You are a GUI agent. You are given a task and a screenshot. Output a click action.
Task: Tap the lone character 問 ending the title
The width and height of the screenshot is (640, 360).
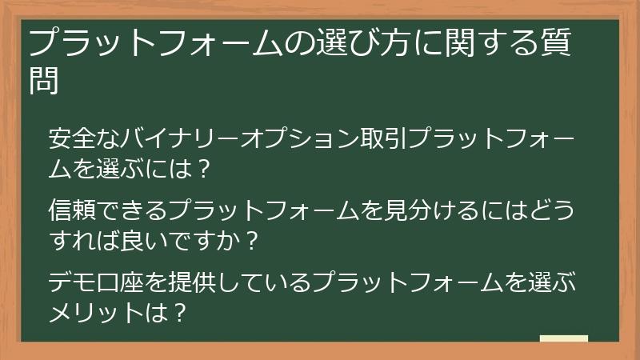pos(44,80)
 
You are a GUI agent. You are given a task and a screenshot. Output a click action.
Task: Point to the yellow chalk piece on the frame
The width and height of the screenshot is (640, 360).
pos(563,338)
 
